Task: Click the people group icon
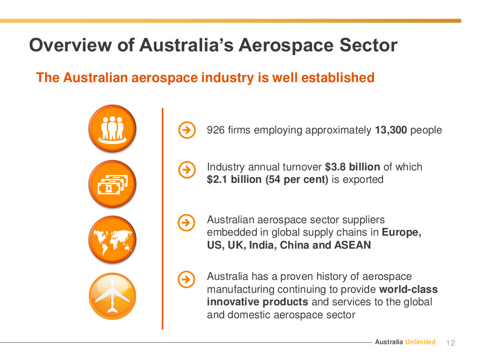(x=112, y=129)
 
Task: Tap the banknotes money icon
(x=112, y=184)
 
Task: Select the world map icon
(x=112, y=240)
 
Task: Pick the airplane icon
(x=112, y=296)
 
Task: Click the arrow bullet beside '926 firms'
(x=187, y=130)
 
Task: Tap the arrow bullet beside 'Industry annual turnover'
(x=187, y=169)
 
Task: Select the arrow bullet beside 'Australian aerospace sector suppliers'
(x=186, y=223)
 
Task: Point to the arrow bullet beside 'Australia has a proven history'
(x=186, y=279)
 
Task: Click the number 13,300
(x=391, y=130)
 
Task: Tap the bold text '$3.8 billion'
(x=352, y=167)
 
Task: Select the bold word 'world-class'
(x=408, y=289)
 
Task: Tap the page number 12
(x=451, y=343)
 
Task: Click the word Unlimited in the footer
(x=420, y=342)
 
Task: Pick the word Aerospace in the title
(x=286, y=45)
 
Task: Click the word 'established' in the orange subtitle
(x=338, y=77)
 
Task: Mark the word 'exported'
(x=363, y=180)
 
